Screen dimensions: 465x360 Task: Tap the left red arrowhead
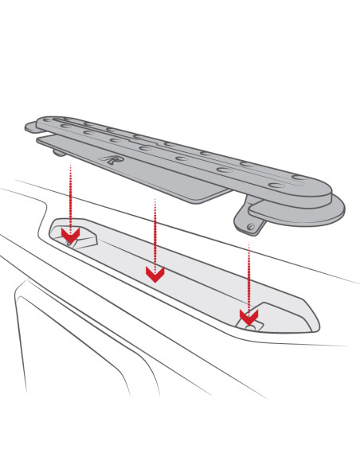(x=71, y=236)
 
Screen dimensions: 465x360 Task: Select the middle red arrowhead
(x=155, y=274)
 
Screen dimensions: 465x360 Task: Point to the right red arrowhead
(x=248, y=318)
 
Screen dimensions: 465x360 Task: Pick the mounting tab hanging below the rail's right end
(x=249, y=218)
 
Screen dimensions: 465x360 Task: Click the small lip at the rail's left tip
(x=30, y=126)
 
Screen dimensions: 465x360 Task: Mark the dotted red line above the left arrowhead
(x=71, y=195)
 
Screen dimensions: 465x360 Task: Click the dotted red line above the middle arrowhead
(x=155, y=231)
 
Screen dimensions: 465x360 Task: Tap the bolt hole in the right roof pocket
(x=252, y=325)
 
